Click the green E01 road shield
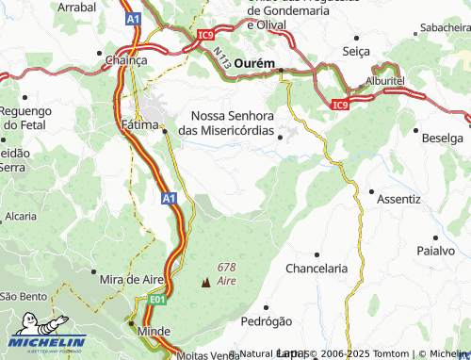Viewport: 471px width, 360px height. coord(156,300)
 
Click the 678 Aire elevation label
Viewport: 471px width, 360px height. coord(226,274)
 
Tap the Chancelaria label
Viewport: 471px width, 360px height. coord(317,268)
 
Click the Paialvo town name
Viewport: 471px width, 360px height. coord(436,251)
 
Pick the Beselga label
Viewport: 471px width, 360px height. coord(443,138)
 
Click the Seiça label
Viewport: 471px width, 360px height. coord(359,50)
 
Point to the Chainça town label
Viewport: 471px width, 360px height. coord(127,59)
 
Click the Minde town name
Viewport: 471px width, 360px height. coord(154,332)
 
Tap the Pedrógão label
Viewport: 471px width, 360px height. coord(267,320)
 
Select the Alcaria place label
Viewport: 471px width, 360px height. coord(21,216)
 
